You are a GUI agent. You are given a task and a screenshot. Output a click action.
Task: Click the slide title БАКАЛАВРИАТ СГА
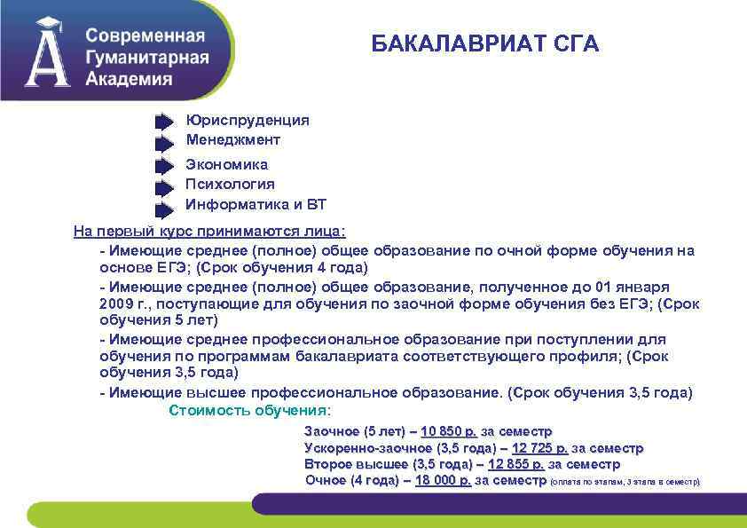tap(484, 43)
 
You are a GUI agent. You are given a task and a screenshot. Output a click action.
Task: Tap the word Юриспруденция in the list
tap(248, 120)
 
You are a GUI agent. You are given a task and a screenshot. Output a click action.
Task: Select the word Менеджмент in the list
tap(232, 139)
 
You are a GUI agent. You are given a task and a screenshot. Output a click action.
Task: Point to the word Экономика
tap(226, 164)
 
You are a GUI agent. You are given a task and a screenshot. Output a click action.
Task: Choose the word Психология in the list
tap(230, 185)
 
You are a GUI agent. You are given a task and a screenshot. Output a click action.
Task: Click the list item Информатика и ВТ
tap(256, 205)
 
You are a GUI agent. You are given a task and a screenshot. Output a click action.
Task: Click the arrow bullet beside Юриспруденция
tap(164, 122)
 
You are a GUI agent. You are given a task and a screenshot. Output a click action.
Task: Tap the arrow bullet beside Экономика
tap(164, 166)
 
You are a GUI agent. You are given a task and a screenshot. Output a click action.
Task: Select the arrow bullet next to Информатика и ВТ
tap(164, 209)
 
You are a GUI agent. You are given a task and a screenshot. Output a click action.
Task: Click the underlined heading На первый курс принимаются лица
tap(209, 232)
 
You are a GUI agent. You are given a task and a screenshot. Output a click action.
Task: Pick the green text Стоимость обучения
tap(248, 410)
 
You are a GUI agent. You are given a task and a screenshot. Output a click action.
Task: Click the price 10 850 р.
tap(449, 431)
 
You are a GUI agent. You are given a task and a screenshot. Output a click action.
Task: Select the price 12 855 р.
tap(516, 464)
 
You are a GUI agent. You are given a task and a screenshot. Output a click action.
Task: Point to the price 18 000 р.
tap(443, 480)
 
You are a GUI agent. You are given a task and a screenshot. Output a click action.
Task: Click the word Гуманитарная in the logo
tap(147, 58)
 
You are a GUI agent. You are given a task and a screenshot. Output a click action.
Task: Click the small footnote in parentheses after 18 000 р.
tap(625, 482)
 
